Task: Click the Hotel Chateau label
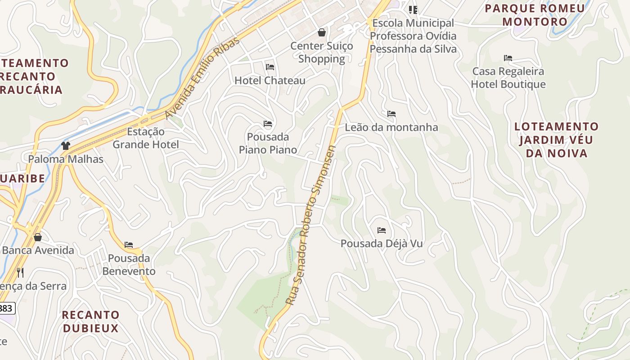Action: coord(270,81)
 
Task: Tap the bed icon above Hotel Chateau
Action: coord(270,67)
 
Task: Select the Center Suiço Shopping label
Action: coord(321,52)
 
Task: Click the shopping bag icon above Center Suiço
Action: coord(322,32)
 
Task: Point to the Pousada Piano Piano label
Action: coord(268,143)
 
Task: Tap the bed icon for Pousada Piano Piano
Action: coord(268,124)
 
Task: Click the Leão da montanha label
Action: coord(391,127)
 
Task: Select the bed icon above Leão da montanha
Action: coord(391,114)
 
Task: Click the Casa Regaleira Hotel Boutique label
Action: coord(508,78)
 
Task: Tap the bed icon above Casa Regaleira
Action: coord(508,58)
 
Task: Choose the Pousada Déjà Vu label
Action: coord(382,243)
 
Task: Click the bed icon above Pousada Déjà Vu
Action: coord(382,230)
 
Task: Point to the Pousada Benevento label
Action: coord(129,265)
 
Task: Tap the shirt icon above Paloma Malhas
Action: coord(66,145)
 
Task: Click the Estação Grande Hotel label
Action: coord(145,138)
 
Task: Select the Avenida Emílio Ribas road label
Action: coord(202,78)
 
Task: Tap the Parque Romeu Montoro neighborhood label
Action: coord(535,15)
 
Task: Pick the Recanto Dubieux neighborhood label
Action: coord(90,321)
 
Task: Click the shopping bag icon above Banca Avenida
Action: coord(38,237)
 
